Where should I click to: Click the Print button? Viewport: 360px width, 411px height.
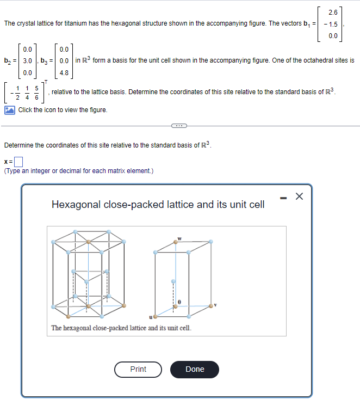pos(138,369)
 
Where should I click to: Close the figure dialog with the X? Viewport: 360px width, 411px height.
pos(299,197)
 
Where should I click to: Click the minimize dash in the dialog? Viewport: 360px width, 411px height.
pos(282,197)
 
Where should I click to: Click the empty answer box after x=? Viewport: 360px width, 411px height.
pos(19,161)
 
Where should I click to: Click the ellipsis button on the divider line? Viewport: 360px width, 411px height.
pos(179,126)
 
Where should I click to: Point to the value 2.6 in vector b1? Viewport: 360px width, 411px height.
pos(332,13)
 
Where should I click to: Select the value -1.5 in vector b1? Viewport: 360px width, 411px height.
pos(330,24)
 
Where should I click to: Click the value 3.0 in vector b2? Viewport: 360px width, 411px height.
pos(28,60)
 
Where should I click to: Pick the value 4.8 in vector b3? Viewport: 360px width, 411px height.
pos(64,72)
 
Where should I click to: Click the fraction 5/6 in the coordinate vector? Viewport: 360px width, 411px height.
pos(36,93)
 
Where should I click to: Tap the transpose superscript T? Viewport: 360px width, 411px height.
pos(47,81)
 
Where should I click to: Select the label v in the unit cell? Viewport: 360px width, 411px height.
pos(215,305)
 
